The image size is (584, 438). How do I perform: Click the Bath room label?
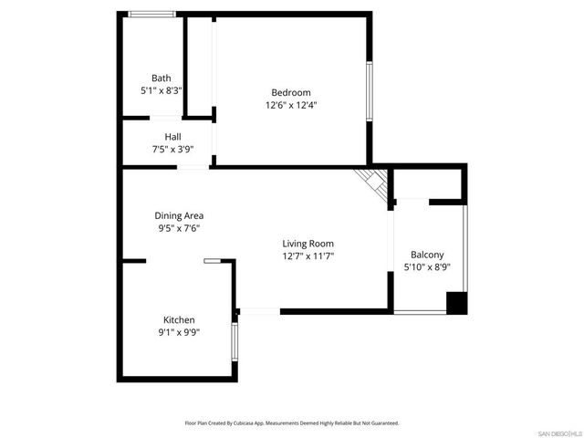pyautogui.click(x=162, y=78)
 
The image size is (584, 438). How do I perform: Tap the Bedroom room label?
pyautogui.click(x=291, y=92)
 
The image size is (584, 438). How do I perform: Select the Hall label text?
pyautogui.click(x=172, y=137)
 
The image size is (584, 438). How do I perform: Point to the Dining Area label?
pyautogui.click(x=179, y=216)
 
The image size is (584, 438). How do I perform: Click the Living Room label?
pyautogui.click(x=308, y=244)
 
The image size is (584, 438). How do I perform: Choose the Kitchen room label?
pyautogui.click(x=179, y=320)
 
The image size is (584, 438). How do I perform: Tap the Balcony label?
pyautogui.click(x=427, y=255)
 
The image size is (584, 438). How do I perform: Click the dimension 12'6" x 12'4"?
pyautogui.click(x=291, y=105)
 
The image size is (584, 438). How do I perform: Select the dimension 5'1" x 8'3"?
pyautogui.click(x=162, y=91)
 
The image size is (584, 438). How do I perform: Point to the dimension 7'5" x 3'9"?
pyautogui.click(x=172, y=150)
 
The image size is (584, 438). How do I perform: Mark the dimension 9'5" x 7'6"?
pyautogui.click(x=179, y=229)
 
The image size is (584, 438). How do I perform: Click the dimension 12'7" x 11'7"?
pyautogui.click(x=308, y=256)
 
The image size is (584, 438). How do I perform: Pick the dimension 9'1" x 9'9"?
pyautogui.click(x=179, y=333)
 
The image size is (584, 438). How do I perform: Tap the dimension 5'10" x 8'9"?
pyautogui.click(x=427, y=268)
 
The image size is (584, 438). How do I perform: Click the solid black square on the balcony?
pyautogui.click(x=456, y=304)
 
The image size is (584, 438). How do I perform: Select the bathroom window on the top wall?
pyautogui.click(x=151, y=14)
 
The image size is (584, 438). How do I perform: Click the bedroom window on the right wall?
pyautogui.click(x=369, y=90)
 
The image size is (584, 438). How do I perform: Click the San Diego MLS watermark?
pyautogui.click(x=558, y=432)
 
